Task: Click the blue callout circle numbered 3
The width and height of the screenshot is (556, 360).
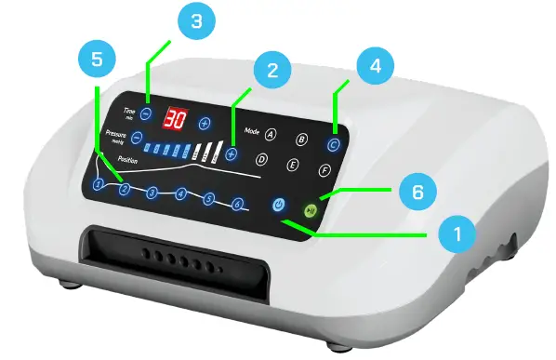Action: click(195, 24)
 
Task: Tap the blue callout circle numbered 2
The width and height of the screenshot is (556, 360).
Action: click(271, 71)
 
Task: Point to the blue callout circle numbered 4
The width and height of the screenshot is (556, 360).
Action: click(374, 67)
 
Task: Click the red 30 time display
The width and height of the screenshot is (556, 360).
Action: click(176, 118)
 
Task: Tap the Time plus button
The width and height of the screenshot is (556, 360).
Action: click(205, 123)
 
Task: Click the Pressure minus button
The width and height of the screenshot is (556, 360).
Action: click(137, 138)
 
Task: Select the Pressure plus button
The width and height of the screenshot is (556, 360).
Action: click(231, 153)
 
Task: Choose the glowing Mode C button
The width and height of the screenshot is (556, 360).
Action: click(334, 144)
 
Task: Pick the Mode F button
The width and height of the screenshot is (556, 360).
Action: click(324, 170)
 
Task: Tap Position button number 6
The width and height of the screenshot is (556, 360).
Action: click(238, 204)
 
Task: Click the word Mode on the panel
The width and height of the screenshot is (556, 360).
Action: click(251, 131)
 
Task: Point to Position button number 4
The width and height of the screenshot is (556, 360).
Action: click(181, 194)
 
